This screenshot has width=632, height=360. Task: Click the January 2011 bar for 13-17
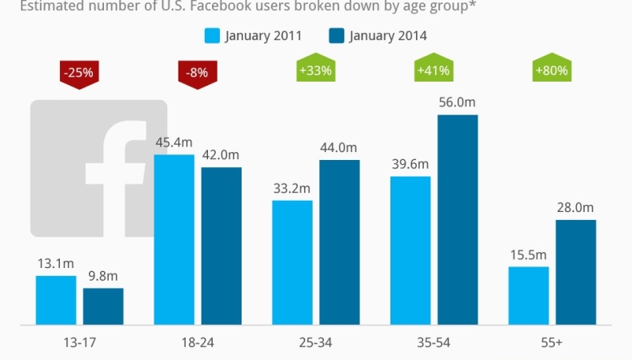[x=56, y=301]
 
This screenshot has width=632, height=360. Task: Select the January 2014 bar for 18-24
[x=221, y=246]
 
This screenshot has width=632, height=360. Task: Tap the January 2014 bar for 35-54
[x=458, y=220]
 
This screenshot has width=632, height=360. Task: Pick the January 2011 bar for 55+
[x=529, y=296]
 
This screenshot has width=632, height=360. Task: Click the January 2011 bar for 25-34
[x=292, y=263]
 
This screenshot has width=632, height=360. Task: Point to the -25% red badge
[x=79, y=73]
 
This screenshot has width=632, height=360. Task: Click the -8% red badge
[x=198, y=73]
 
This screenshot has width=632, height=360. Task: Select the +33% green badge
[x=315, y=70]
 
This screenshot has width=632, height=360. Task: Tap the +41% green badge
[x=434, y=70]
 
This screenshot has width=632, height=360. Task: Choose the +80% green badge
[x=551, y=70]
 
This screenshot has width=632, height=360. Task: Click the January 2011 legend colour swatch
[x=212, y=35]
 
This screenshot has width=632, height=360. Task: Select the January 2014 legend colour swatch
[x=337, y=35]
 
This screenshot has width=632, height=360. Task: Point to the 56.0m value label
[x=458, y=102]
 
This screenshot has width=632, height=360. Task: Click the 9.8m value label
[x=103, y=274]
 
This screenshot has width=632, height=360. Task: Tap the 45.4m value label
[x=174, y=142]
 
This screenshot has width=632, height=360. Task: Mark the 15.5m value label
[x=529, y=254]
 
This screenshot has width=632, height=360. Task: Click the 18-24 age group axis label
[x=197, y=342]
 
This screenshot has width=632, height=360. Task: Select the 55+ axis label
[x=551, y=342]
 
